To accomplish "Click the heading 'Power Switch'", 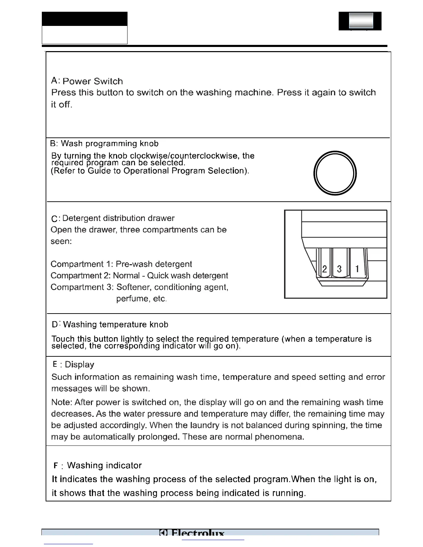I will [x=93, y=81].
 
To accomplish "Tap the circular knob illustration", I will [x=335, y=173].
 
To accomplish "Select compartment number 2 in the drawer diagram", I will [x=325, y=269].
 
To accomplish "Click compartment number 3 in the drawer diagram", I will [x=339, y=269].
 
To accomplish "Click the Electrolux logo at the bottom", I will [x=192, y=534].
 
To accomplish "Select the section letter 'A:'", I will [x=55, y=81].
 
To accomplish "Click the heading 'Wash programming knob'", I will [x=110, y=144].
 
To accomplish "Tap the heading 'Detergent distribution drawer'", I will [x=118, y=218].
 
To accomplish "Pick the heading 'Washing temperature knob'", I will [x=116, y=325].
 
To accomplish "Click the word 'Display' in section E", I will [x=79, y=365].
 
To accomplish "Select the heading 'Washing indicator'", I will [x=104, y=466].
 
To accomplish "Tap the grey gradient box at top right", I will [x=361, y=20].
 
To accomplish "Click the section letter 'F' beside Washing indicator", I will [x=56, y=466].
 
